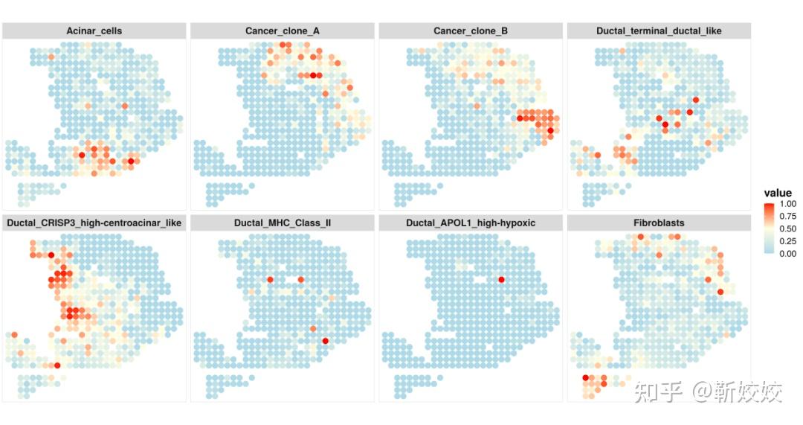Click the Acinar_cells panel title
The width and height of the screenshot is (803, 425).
[x=94, y=31]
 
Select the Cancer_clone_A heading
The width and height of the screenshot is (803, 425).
[x=283, y=31]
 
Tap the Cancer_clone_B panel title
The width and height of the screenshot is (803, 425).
[x=471, y=31]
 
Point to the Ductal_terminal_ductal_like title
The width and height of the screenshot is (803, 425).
[x=659, y=31]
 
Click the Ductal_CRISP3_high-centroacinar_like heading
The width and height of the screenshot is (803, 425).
[x=94, y=223]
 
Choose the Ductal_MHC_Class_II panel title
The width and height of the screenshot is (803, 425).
[x=283, y=223]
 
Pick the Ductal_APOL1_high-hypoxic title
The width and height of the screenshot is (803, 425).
[x=471, y=223]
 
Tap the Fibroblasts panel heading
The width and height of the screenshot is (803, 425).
[x=659, y=223]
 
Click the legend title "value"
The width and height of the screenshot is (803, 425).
[x=778, y=193]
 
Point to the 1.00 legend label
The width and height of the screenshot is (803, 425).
[x=787, y=204]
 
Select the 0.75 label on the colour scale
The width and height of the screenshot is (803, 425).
[x=787, y=217]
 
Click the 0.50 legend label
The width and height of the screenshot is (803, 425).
[x=787, y=229]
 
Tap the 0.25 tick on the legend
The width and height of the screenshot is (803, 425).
[x=787, y=241]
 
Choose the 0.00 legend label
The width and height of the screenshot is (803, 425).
[x=787, y=253]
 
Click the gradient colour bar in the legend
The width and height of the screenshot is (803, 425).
[x=770, y=229]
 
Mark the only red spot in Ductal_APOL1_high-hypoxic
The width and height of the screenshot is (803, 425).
[x=501, y=279]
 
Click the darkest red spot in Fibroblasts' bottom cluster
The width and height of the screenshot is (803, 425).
[x=585, y=378]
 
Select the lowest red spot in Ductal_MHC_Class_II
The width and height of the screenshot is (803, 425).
[x=325, y=341]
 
